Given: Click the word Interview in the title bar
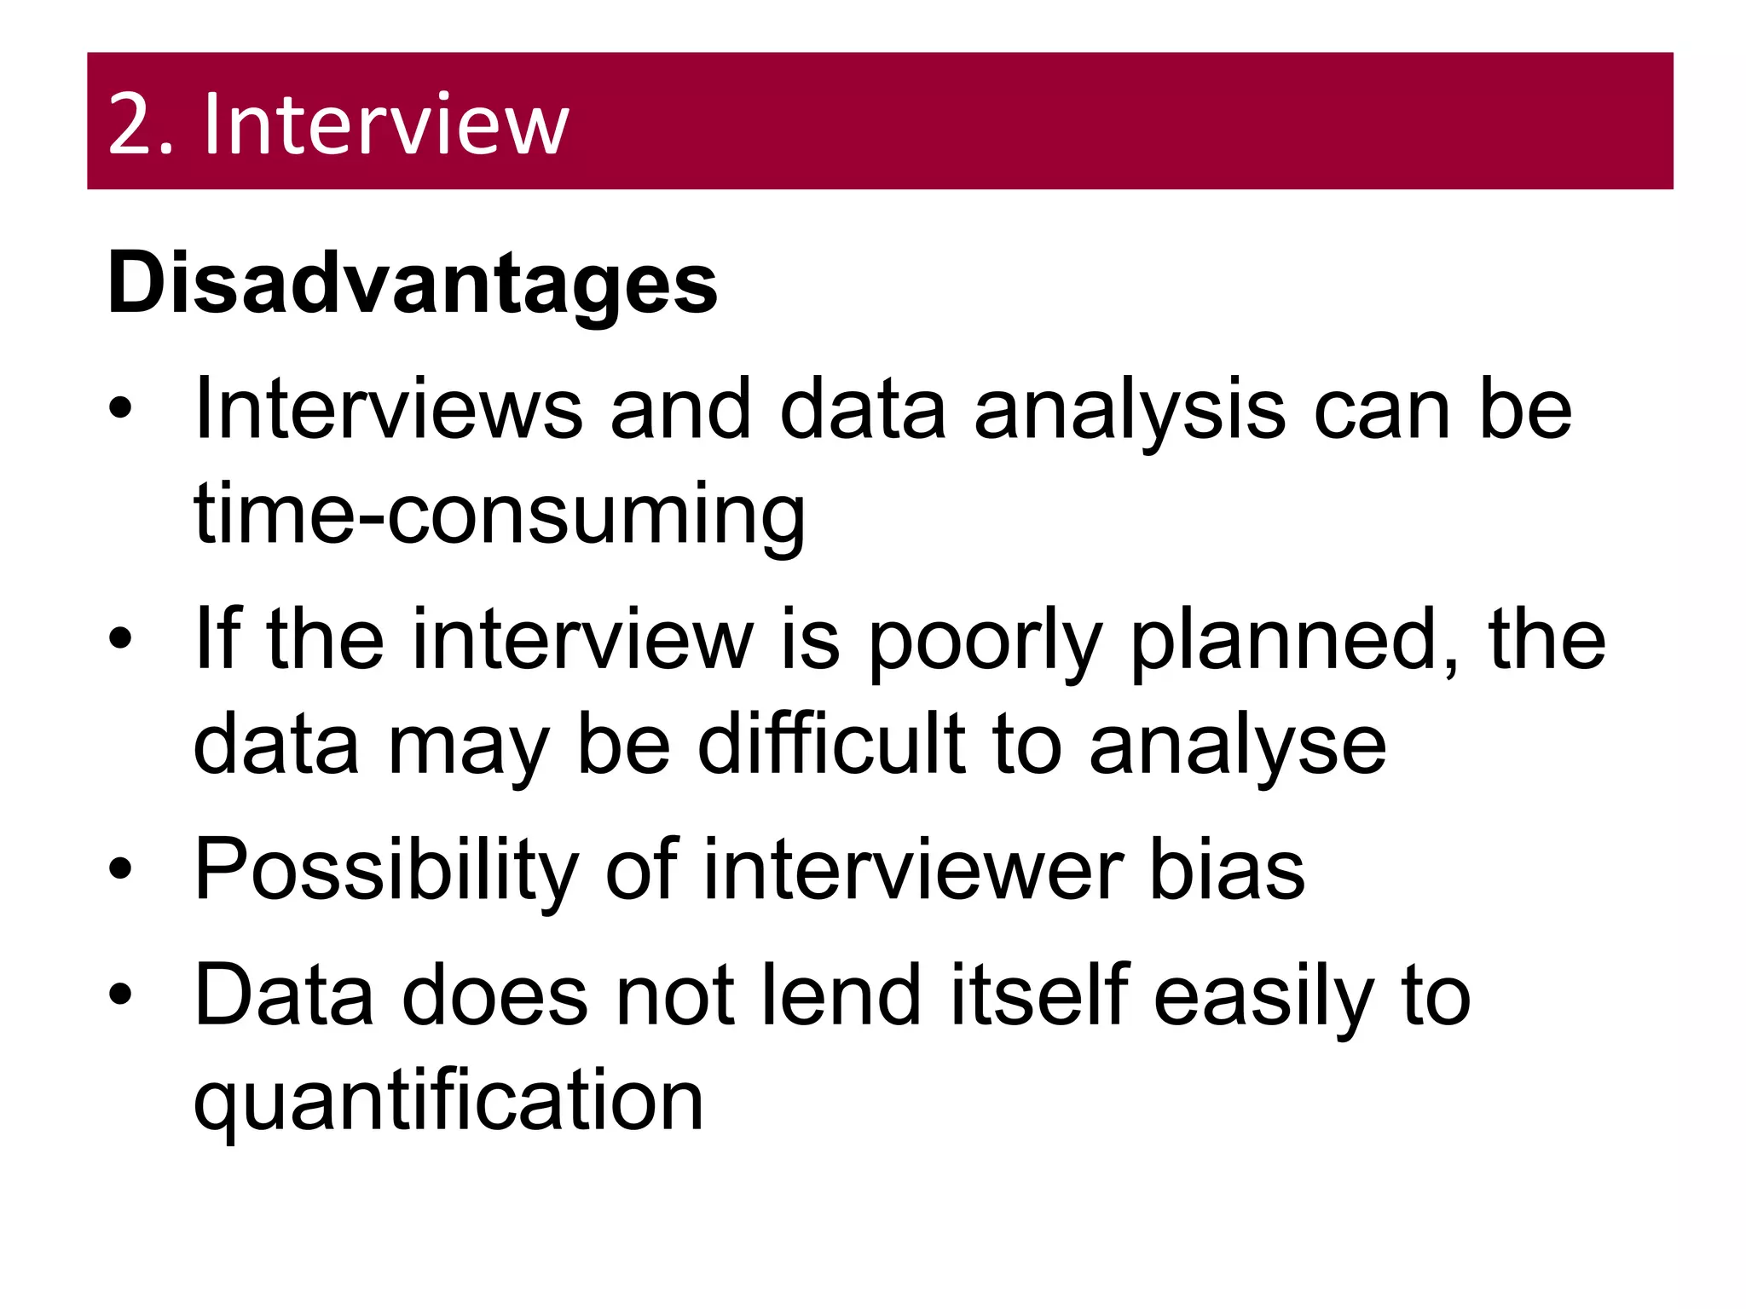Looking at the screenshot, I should click(385, 125).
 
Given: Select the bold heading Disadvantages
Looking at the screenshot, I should click(413, 283).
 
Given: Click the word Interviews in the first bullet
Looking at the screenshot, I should click(389, 410).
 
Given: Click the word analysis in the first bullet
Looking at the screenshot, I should click(1130, 412).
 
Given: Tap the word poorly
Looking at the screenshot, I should click(986, 641).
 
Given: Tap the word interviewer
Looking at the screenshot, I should click(913, 869).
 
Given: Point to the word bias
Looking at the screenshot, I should click(1227, 869).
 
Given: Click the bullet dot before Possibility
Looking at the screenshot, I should click(121, 868).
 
